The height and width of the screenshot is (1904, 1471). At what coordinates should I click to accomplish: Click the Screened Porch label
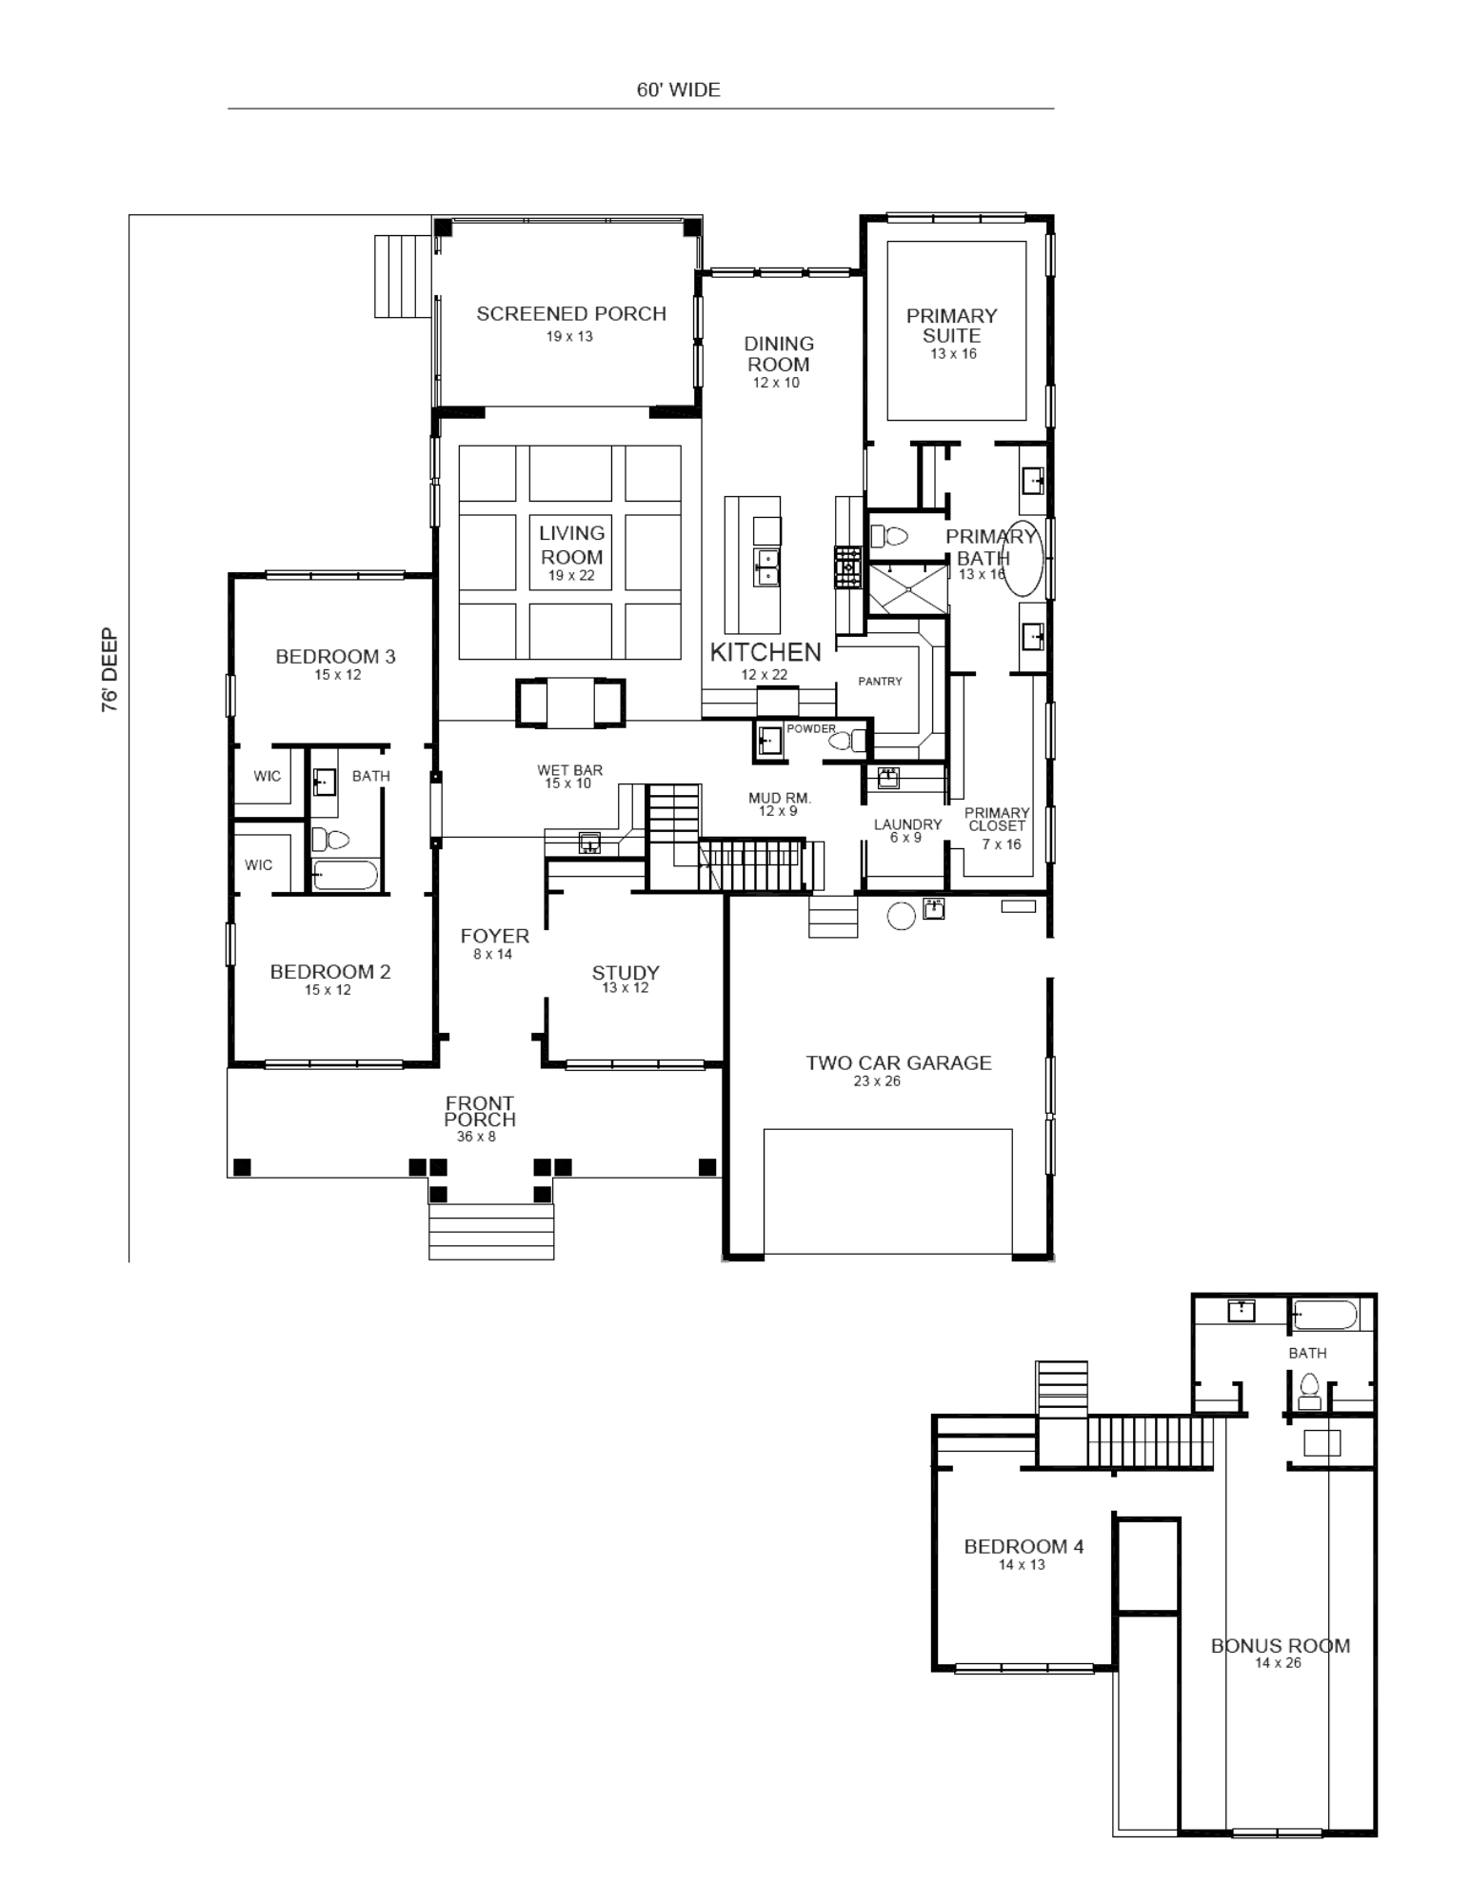571,313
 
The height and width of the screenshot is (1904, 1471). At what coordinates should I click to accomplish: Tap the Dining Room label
779,354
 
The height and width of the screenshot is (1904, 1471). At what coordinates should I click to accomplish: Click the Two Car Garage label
899,1062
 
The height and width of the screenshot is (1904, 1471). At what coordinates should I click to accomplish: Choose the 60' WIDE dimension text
679,89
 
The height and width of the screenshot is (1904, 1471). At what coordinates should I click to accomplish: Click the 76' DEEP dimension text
110,670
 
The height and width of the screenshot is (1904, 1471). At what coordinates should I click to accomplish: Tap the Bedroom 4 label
1024,1547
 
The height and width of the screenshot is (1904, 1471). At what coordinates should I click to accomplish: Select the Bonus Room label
1281,1646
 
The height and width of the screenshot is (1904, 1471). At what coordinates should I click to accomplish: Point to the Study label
626,972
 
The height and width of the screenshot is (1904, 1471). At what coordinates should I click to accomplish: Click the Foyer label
494,936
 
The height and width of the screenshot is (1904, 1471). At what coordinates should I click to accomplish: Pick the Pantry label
880,681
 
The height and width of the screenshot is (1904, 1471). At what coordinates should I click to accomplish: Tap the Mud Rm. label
780,798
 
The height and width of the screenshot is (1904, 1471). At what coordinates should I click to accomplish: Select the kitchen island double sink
766,565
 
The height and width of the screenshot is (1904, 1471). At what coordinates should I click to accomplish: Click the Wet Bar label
569,770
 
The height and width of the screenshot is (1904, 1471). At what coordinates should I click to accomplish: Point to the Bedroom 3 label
335,656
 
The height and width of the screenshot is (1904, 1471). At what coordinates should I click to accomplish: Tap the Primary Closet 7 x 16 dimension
1002,844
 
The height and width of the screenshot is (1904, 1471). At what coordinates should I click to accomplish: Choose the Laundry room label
907,824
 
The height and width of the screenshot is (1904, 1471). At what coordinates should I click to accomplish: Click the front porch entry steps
491,1231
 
